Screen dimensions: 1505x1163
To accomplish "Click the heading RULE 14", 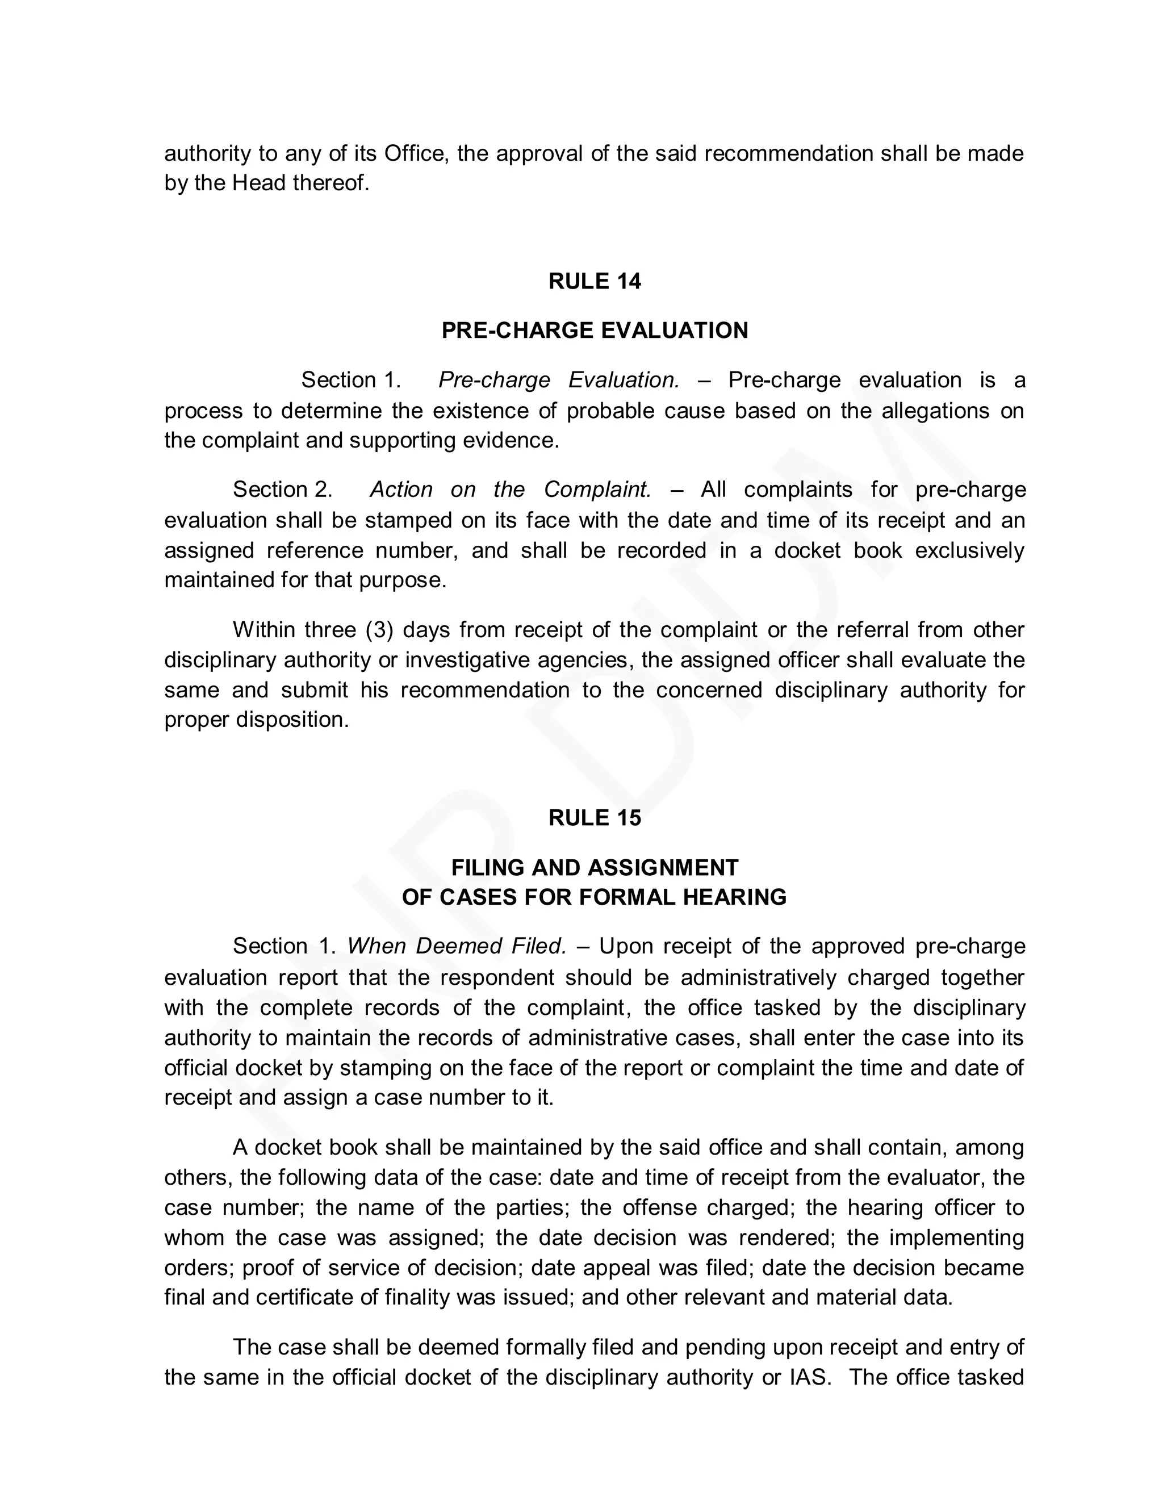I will point(594,281).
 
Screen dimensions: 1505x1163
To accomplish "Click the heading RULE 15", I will point(594,817).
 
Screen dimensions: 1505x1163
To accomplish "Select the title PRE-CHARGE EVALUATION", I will point(594,330).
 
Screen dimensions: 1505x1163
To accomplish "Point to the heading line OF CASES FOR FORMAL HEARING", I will point(594,897).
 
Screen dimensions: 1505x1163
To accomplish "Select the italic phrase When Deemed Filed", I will point(456,946).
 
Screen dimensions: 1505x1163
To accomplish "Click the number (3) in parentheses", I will point(378,630).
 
